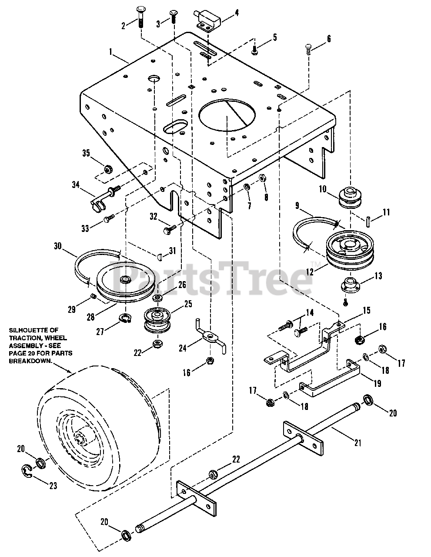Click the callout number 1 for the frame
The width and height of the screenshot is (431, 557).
click(111, 52)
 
